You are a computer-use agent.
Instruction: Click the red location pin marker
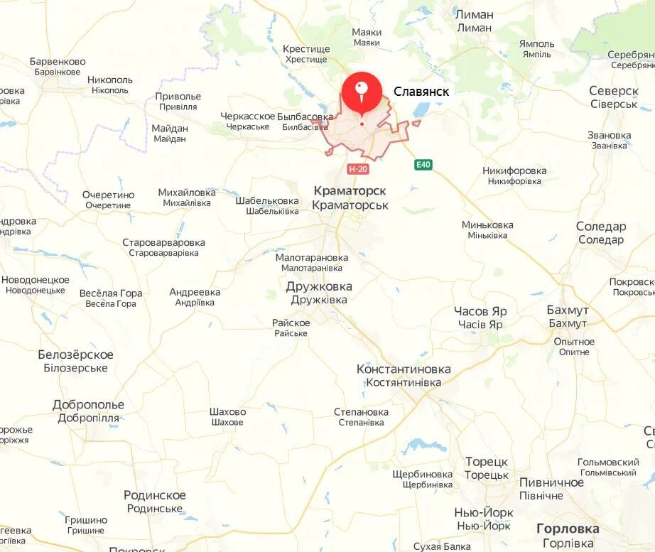[x=362, y=93]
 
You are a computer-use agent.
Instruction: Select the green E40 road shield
[x=423, y=165]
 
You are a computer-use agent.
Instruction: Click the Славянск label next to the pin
[x=421, y=92]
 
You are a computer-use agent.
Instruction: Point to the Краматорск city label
[x=350, y=191]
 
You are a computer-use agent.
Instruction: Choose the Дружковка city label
[x=319, y=287]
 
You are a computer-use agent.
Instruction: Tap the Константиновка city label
[x=404, y=369]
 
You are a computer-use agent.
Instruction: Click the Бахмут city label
[x=568, y=310]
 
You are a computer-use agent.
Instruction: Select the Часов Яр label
[x=480, y=311]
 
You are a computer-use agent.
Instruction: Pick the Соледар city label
[x=601, y=227]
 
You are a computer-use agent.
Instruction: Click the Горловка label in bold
[x=568, y=529]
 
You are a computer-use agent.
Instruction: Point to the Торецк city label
[x=487, y=462]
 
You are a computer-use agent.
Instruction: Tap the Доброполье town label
[x=88, y=405]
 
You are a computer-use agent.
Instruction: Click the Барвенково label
[x=58, y=62]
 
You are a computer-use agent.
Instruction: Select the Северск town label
[x=614, y=91]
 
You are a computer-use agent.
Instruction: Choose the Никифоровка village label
[x=514, y=171]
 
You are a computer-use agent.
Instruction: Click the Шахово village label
[x=227, y=412]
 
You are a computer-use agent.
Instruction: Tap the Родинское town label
[x=155, y=495]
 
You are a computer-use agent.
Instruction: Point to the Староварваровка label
[x=163, y=242]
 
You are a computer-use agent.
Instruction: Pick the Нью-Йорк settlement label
[x=483, y=512]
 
